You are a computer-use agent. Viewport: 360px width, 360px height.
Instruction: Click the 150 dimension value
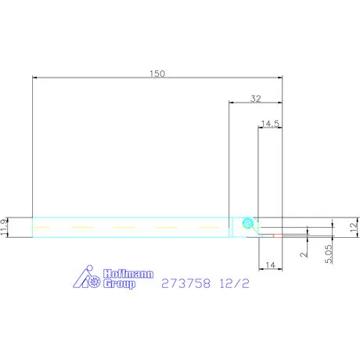point(157,74)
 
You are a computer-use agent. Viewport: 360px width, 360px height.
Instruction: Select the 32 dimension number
point(256,99)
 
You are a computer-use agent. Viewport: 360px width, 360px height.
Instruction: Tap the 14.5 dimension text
point(270,124)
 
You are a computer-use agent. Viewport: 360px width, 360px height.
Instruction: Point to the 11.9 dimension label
point(4,227)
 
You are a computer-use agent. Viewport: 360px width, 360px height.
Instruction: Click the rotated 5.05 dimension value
point(329,254)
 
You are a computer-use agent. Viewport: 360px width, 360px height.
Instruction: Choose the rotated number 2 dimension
point(304,254)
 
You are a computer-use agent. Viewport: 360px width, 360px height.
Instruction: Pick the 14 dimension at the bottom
point(270,265)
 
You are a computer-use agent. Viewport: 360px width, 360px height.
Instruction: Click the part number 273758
point(185,283)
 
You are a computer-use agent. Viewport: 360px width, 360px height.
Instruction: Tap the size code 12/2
point(234,283)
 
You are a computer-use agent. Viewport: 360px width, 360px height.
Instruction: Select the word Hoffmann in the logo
point(128,274)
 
